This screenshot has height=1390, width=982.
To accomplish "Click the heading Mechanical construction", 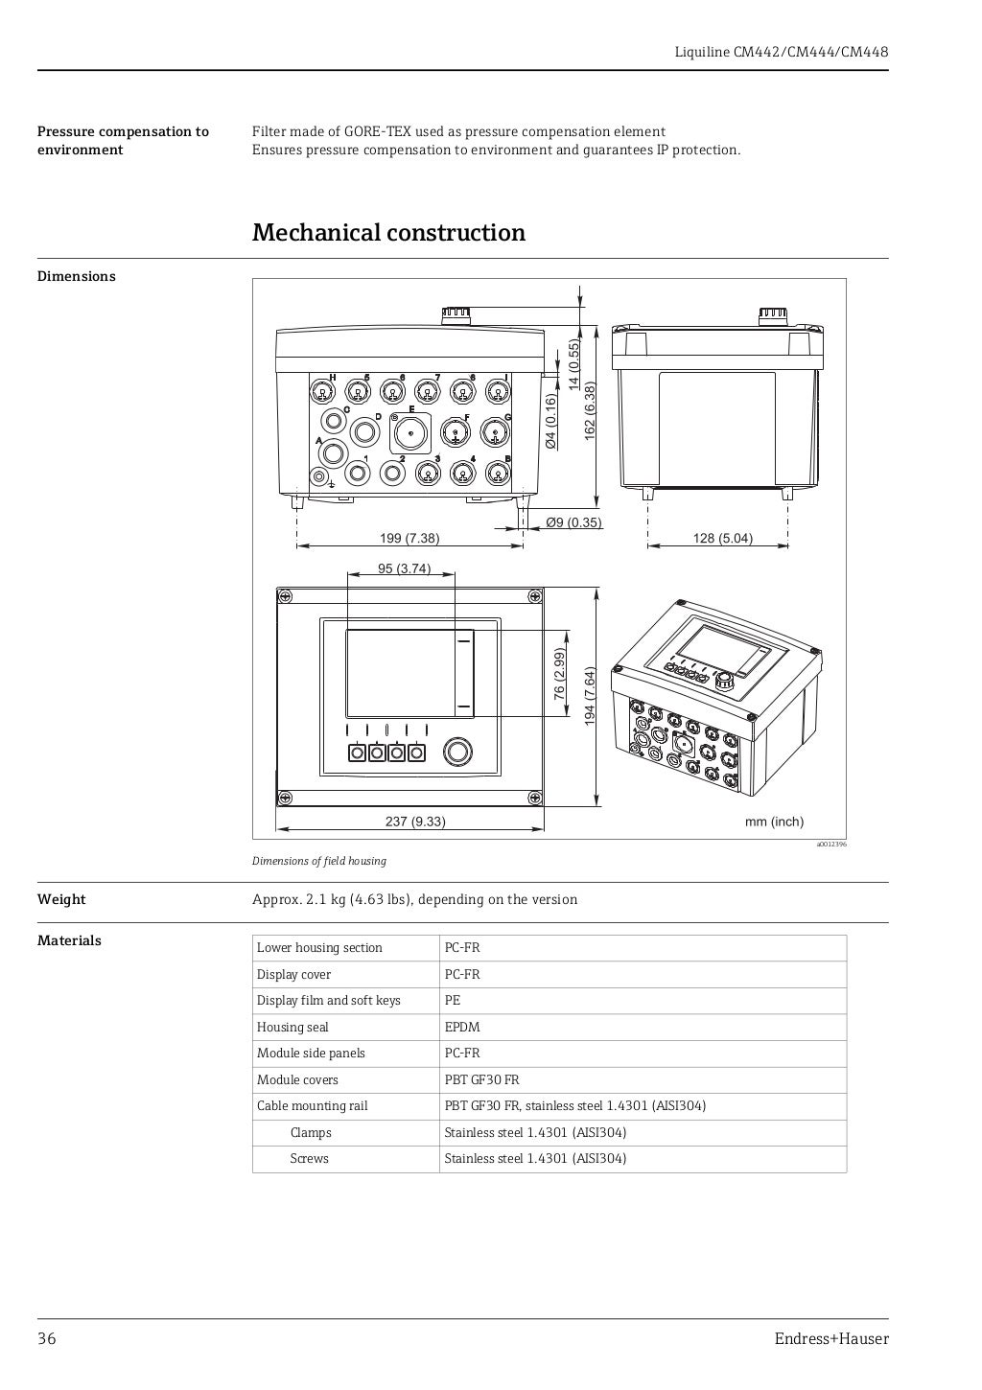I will pyautogui.click(x=388, y=233).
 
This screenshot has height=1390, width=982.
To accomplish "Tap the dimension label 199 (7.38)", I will pyautogui.click(x=409, y=538).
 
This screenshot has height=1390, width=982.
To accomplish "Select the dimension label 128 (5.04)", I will pyautogui.click(x=722, y=538).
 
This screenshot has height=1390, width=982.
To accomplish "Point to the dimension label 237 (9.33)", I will pyautogui.click(x=415, y=822).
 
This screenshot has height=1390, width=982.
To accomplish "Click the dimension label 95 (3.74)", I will pyautogui.click(x=404, y=568).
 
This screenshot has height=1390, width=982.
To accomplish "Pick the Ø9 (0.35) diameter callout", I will pyautogui.click(x=573, y=522).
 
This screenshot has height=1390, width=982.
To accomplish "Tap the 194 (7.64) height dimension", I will pyautogui.click(x=591, y=697).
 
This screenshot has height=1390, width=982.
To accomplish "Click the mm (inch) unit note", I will pyautogui.click(x=774, y=822).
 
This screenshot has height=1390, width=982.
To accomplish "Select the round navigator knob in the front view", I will pyautogui.click(x=458, y=752).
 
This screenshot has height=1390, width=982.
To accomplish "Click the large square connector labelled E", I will pyautogui.click(x=410, y=434).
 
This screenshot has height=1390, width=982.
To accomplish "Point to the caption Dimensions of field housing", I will pyautogui.click(x=319, y=861).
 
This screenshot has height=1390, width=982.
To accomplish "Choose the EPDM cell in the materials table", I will pyautogui.click(x=462, y=1027).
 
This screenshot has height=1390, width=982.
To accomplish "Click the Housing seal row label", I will pyautogui.click(x=292, y=1027).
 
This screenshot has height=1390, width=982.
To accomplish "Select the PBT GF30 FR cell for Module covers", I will pyautogui.click(x=481, y=1079).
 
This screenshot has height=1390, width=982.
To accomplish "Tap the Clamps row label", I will pyautogui.click(x=311, y=1132).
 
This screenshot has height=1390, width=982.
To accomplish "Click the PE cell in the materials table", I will pyautogui.click(x=453, y=1000).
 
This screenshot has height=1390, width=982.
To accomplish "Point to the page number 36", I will pyautogui.click(x=47, y=1339).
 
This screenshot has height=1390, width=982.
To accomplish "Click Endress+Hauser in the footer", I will pyautogui.click(x=831, y=1339).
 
